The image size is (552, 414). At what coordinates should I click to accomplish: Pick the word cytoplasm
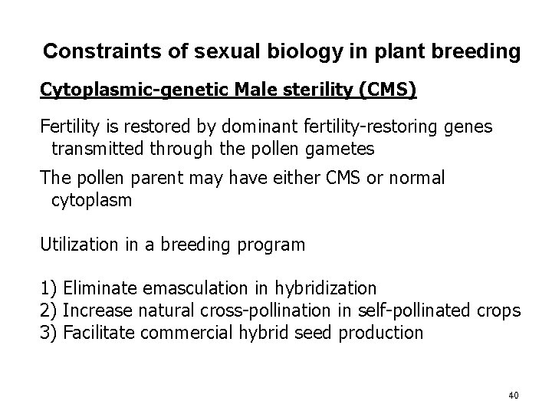coord(91,201)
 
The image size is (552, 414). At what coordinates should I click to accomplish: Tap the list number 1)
coord(49,288)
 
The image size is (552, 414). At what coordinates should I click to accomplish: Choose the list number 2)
coord(49,310)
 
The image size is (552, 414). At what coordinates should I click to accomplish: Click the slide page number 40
coord(513,395)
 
